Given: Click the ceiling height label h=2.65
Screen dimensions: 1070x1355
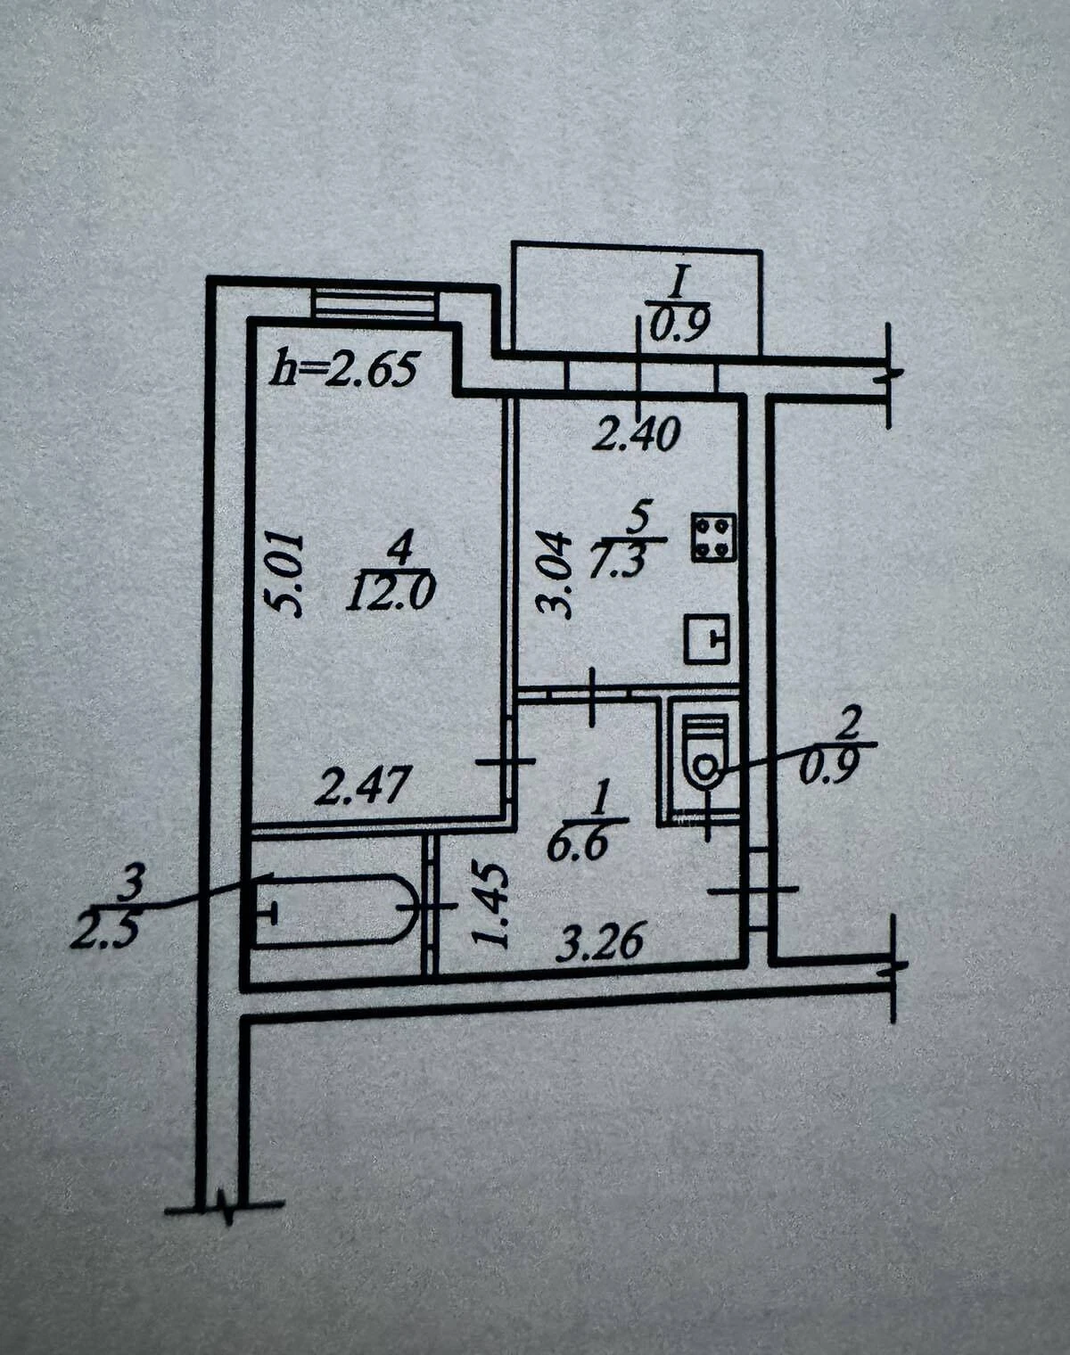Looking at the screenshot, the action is click(344, 370).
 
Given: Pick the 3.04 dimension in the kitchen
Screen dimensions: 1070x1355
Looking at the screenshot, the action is click(554, 576).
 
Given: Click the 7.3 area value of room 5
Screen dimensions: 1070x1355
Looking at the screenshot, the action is click(618, 562).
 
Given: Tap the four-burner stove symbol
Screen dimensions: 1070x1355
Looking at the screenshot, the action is click(713, 537).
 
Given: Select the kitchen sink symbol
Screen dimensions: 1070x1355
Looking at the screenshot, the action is click(707, 638).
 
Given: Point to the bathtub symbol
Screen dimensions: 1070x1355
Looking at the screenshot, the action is click(334, 909).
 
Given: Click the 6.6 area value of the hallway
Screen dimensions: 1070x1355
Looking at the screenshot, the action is click(578, 846).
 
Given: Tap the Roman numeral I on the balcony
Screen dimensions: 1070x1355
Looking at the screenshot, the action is click(679, 282).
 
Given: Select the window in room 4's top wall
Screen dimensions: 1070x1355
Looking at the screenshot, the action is click(374, 304).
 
